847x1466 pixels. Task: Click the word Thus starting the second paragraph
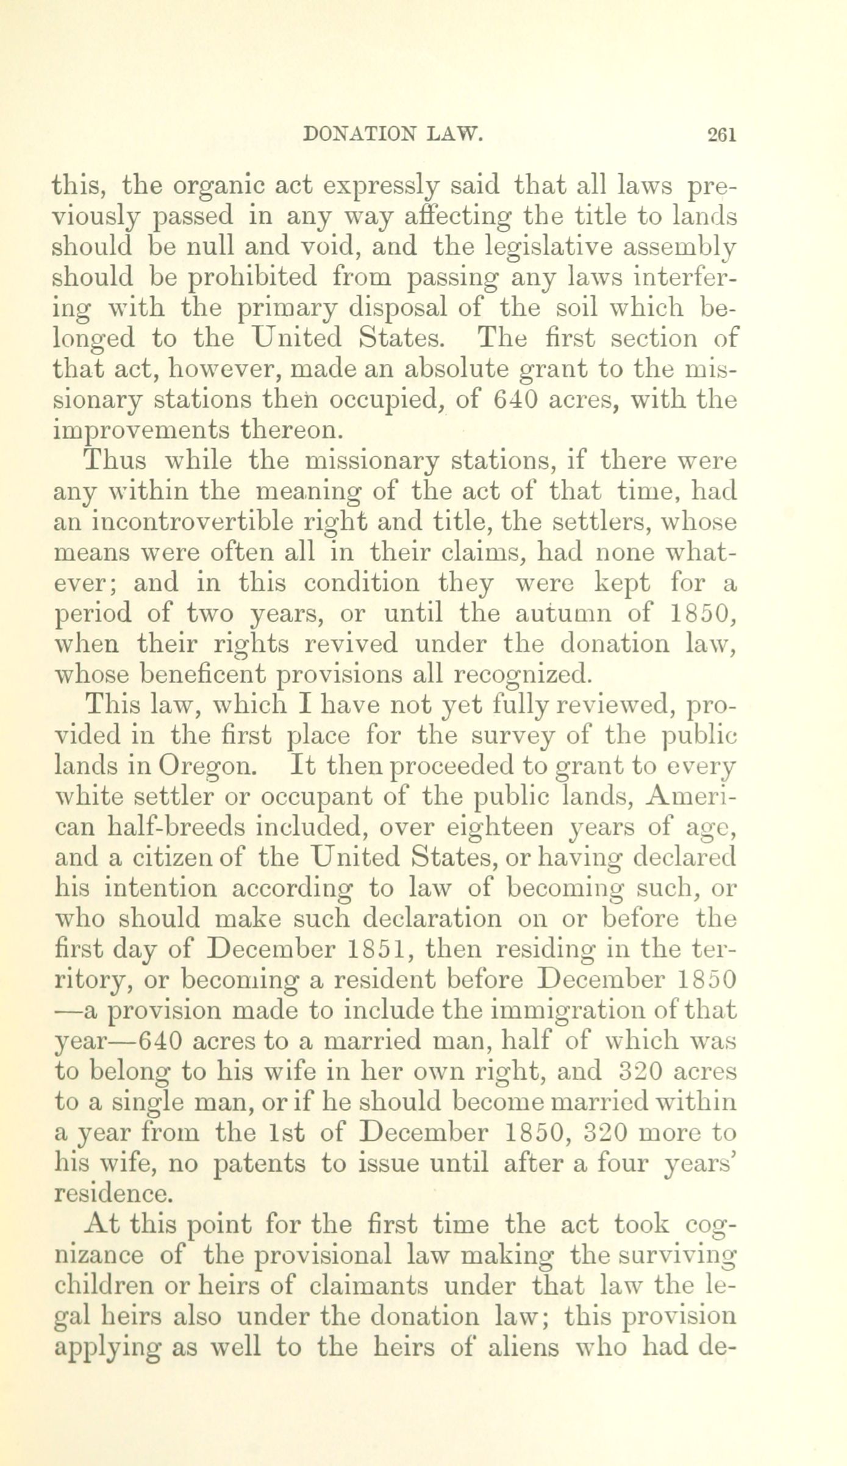click(x=116, y=460)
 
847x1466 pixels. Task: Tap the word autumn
click(x=562, y=613)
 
